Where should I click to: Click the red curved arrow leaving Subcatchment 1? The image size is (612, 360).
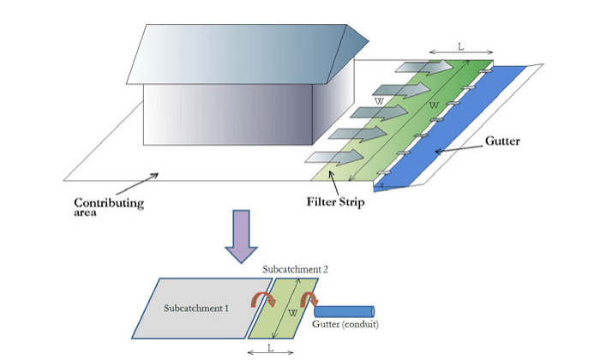point(261,297)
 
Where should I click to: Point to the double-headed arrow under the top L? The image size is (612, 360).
point(460,56)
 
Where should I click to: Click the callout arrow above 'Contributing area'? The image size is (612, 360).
point(136,183)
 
